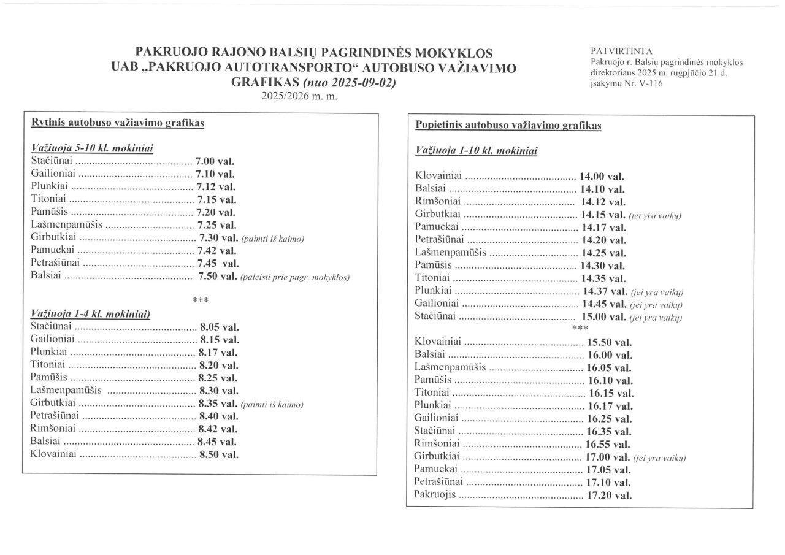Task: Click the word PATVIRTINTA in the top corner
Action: point(613,51)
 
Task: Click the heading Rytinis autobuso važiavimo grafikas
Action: point(117,123)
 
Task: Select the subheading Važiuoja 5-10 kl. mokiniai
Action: point(91,148)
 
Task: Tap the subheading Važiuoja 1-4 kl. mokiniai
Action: point(90,313)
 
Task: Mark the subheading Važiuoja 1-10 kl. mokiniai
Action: point(477,150)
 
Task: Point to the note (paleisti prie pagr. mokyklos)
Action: point(295,277)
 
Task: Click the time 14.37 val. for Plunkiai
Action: point(603,291)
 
